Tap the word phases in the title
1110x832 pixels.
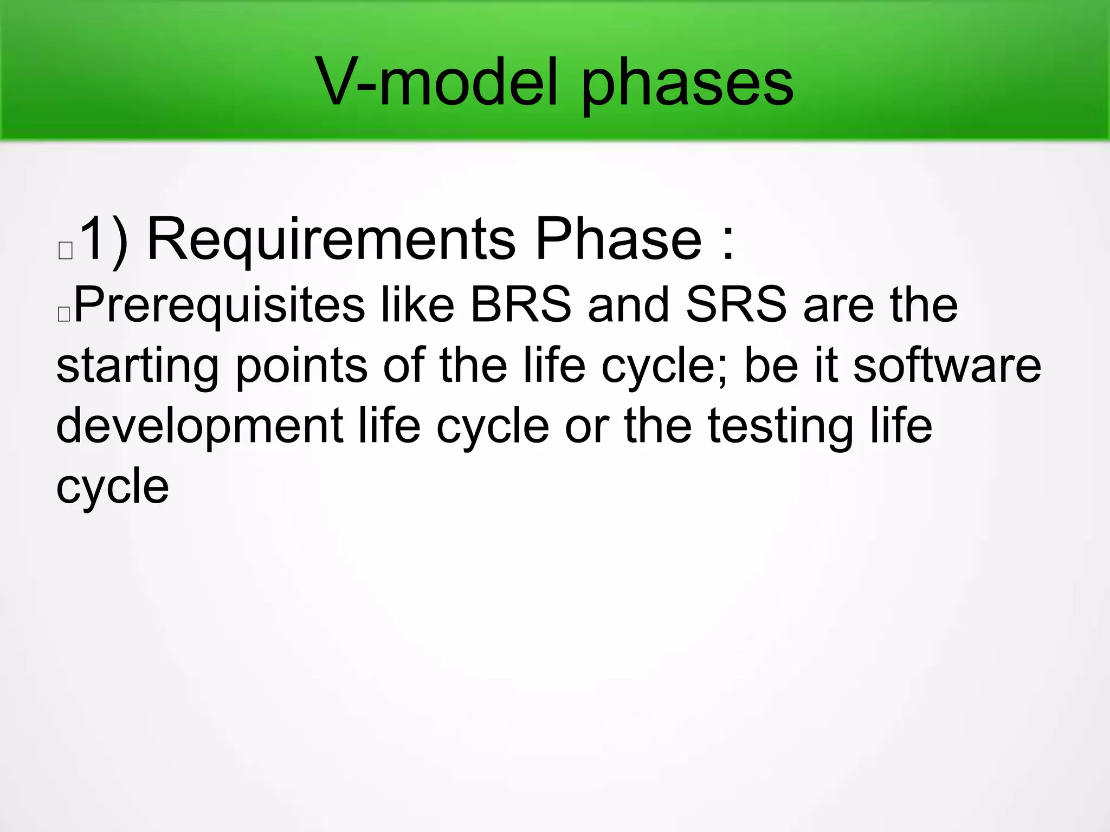point(687,84)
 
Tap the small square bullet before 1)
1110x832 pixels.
point(66,251)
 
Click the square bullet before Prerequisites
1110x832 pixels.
point(63,314)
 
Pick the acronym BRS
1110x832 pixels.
point(520,304)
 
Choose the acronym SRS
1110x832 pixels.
point(735,304)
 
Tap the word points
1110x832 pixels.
point(301,366)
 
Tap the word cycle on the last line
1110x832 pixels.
point(112,487)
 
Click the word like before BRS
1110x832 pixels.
point(417,304)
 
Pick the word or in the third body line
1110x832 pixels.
point(587,426)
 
